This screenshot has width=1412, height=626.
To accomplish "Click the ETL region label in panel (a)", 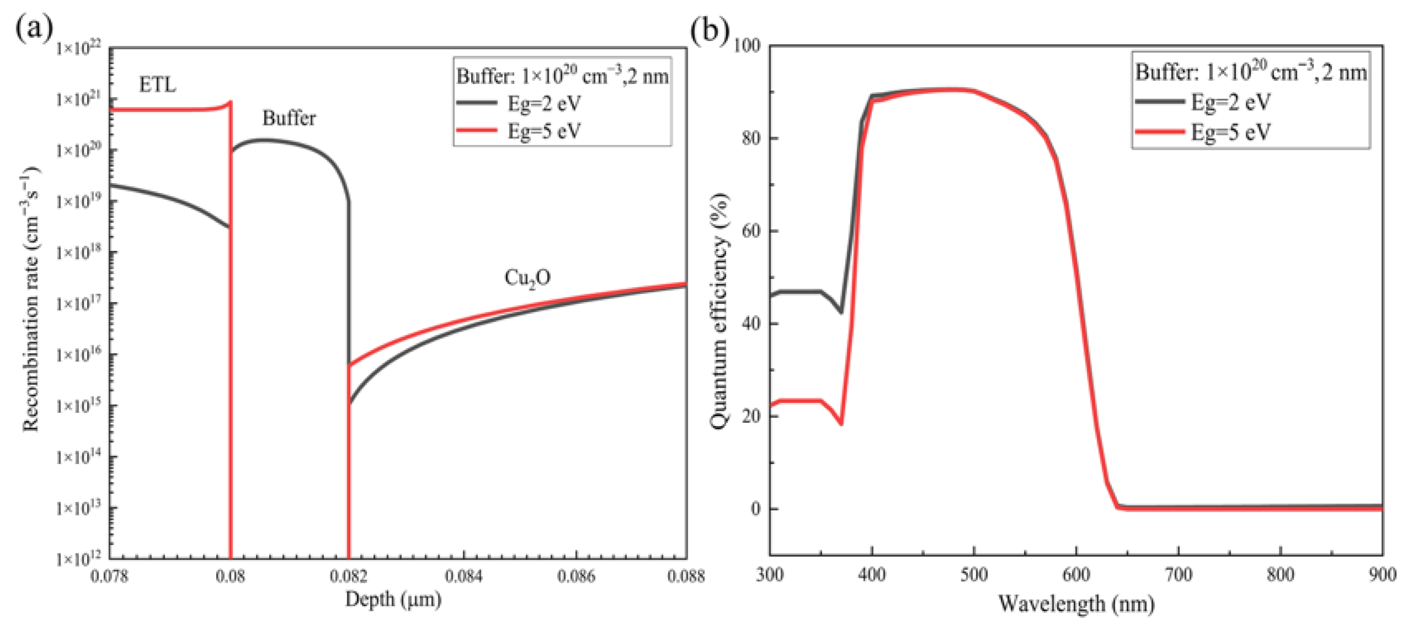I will point(157,85).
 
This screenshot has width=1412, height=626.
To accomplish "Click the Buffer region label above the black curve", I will point(289,118).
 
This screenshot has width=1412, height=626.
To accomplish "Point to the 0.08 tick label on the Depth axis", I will point(230,577).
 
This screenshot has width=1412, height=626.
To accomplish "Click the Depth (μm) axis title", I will point(393,599).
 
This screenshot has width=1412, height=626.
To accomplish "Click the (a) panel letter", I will point(34,27).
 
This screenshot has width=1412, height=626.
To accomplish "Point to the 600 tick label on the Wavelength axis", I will point(1076,575).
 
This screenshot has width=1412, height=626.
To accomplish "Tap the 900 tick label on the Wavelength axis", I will point(1382,575).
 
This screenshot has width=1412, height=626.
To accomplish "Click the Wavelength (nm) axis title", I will point(1076,604).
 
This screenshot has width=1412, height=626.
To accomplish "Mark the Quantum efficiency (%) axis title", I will point(719,311).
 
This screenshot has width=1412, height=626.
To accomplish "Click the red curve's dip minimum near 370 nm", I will point(841,424).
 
